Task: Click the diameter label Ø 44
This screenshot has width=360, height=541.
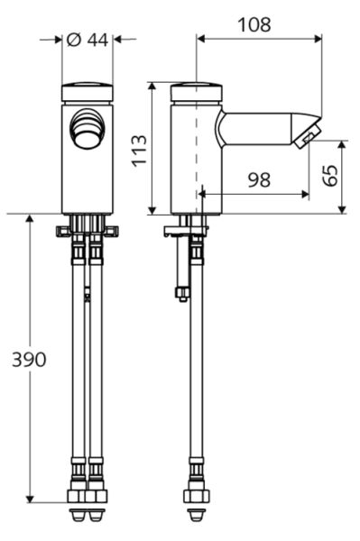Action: click(x=88, y=39)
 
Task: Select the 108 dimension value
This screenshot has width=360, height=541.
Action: click(x=254, y=24)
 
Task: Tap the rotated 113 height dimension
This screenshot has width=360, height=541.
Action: click(x=137, y=150)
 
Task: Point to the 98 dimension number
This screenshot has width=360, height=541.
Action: click(x=258, y=179)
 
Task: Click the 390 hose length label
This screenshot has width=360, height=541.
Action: click(x=28, y=359)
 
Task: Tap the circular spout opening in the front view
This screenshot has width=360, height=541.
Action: click(x=88, y=127)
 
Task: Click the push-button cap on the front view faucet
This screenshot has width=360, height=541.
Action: click(x=88, y=92)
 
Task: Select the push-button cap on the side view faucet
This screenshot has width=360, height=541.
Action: click(x=196, y=92)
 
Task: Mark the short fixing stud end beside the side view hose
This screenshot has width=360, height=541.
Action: click(x=182, y=293)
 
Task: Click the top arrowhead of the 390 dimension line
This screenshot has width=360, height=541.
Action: click(x=30, y=219)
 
